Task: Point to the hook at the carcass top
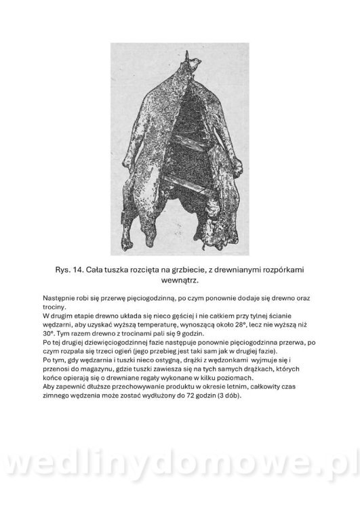point(194,62)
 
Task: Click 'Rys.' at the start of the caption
point(65,269)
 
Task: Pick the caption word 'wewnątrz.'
point(180,279)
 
